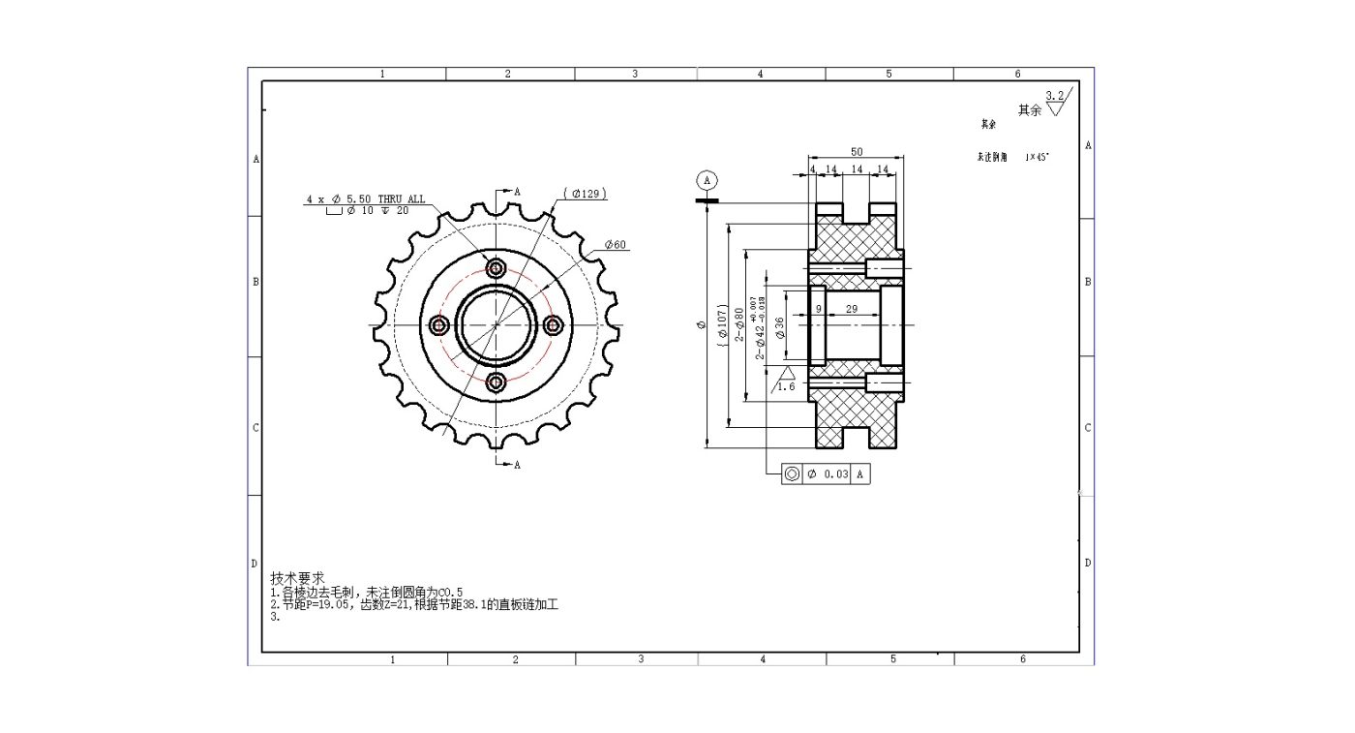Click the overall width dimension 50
(x=857, y=152)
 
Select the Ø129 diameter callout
(x=587, y=194)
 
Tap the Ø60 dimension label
(x=616, y=245)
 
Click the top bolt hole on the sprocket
(x=496, y=268)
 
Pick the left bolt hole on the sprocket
(x=438, y=325)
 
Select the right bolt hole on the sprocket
(x=554, y=325)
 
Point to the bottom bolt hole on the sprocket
(x=496, y=382)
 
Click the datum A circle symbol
(x=708, y=180)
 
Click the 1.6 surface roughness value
(x=785, y=386)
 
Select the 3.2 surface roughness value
(x=1055, y=95)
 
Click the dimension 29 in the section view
(x=851, y=309)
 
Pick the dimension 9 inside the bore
(x=818, y=309)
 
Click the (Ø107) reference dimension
(x=722, y=325)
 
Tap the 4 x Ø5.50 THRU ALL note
(x=366, y=199)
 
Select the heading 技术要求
(x=297, y=577)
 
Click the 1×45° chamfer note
(x=1037, y=157)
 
